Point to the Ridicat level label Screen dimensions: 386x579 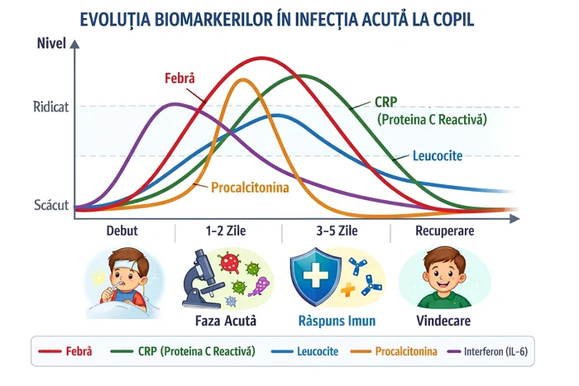pos(51,107)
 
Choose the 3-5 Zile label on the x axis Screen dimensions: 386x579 pos(337,231)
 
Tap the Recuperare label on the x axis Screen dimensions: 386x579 pos(444,231)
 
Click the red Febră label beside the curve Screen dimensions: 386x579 pos(179,79)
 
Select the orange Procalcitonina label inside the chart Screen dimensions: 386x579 pos(250,188)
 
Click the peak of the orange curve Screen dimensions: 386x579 pos(243,80)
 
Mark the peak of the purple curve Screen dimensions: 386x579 pos(175,104)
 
